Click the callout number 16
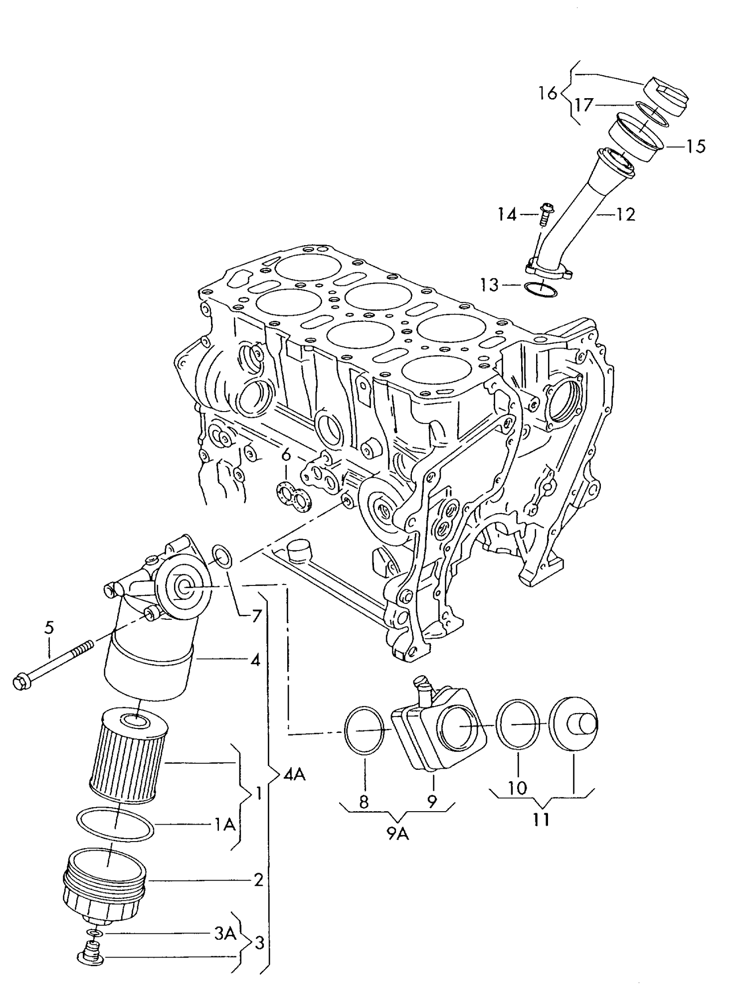[x=548, y=93]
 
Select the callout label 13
[x=489, y=285]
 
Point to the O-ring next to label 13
[x=541, y=290]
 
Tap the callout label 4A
[x=294, y=774]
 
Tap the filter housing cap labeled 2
[x=105, y=884]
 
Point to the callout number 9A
[x=397, y=834]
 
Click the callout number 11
[x=541, y=820]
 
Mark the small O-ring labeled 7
[x=222, y=557]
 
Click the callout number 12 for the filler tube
[x=626, y=215]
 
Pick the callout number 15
[x=695, y=146]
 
